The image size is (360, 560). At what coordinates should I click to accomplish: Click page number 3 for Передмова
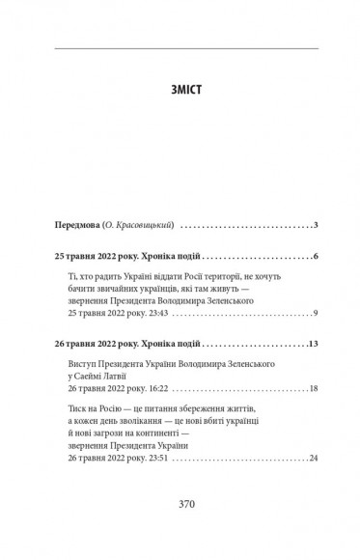coord(315,225)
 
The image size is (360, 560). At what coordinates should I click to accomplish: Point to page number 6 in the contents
coord(315,258)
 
